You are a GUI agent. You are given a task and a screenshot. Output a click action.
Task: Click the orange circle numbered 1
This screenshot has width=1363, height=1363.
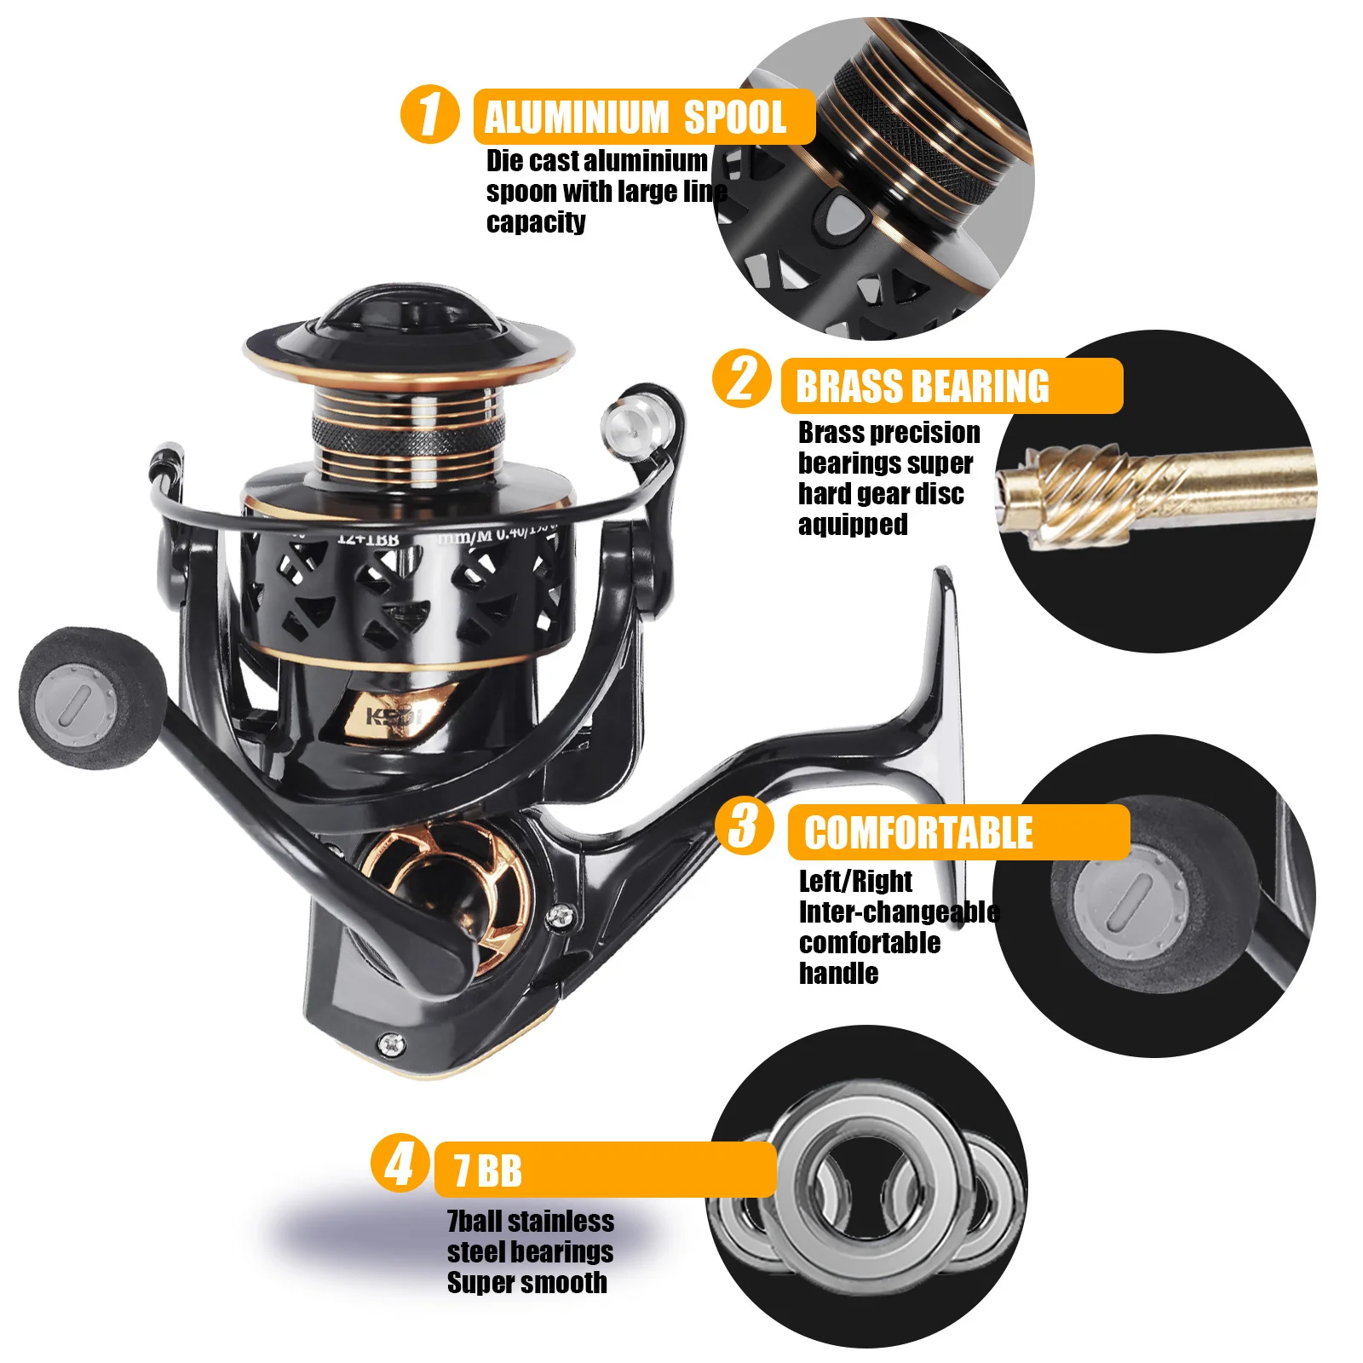coord(429,114)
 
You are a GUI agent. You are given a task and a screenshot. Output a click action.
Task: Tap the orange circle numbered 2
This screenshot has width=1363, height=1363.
coord(742,378)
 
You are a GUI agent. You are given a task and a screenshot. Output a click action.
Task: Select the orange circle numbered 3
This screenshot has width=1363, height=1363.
coord(745,825)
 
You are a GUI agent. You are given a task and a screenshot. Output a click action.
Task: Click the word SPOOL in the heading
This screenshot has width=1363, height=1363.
coord(734,117)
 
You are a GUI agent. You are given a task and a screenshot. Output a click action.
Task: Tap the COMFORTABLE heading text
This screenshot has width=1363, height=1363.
coord(918,832)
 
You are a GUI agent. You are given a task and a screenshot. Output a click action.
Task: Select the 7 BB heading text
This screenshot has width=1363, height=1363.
coord(487,1170)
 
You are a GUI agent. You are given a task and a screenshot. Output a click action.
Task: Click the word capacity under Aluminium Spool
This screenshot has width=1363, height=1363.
coord(536,222)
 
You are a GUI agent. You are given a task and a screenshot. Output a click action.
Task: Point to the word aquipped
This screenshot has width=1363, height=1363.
coord(853,524)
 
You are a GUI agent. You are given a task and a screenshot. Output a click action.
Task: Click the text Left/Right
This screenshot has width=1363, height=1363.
coord(855,880)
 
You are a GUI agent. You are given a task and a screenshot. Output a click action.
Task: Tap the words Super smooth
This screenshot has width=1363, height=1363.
coord(527,1282)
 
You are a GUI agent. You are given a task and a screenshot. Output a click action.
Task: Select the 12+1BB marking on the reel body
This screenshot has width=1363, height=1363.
coord(368,538)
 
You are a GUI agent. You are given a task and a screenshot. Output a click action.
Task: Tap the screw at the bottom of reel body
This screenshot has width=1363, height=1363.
coord(391,1044)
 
